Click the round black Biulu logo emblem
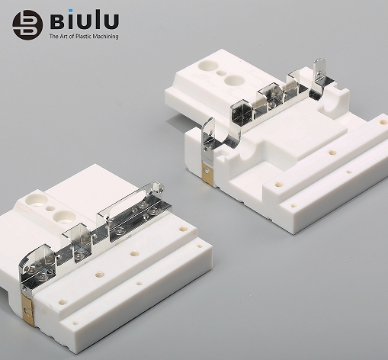pos(27,25)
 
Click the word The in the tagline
pos(53,37)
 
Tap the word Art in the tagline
pos(63,37)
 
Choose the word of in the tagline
pos(72,37)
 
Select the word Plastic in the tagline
pos(83,37)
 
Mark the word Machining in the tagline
pos(105,37)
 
